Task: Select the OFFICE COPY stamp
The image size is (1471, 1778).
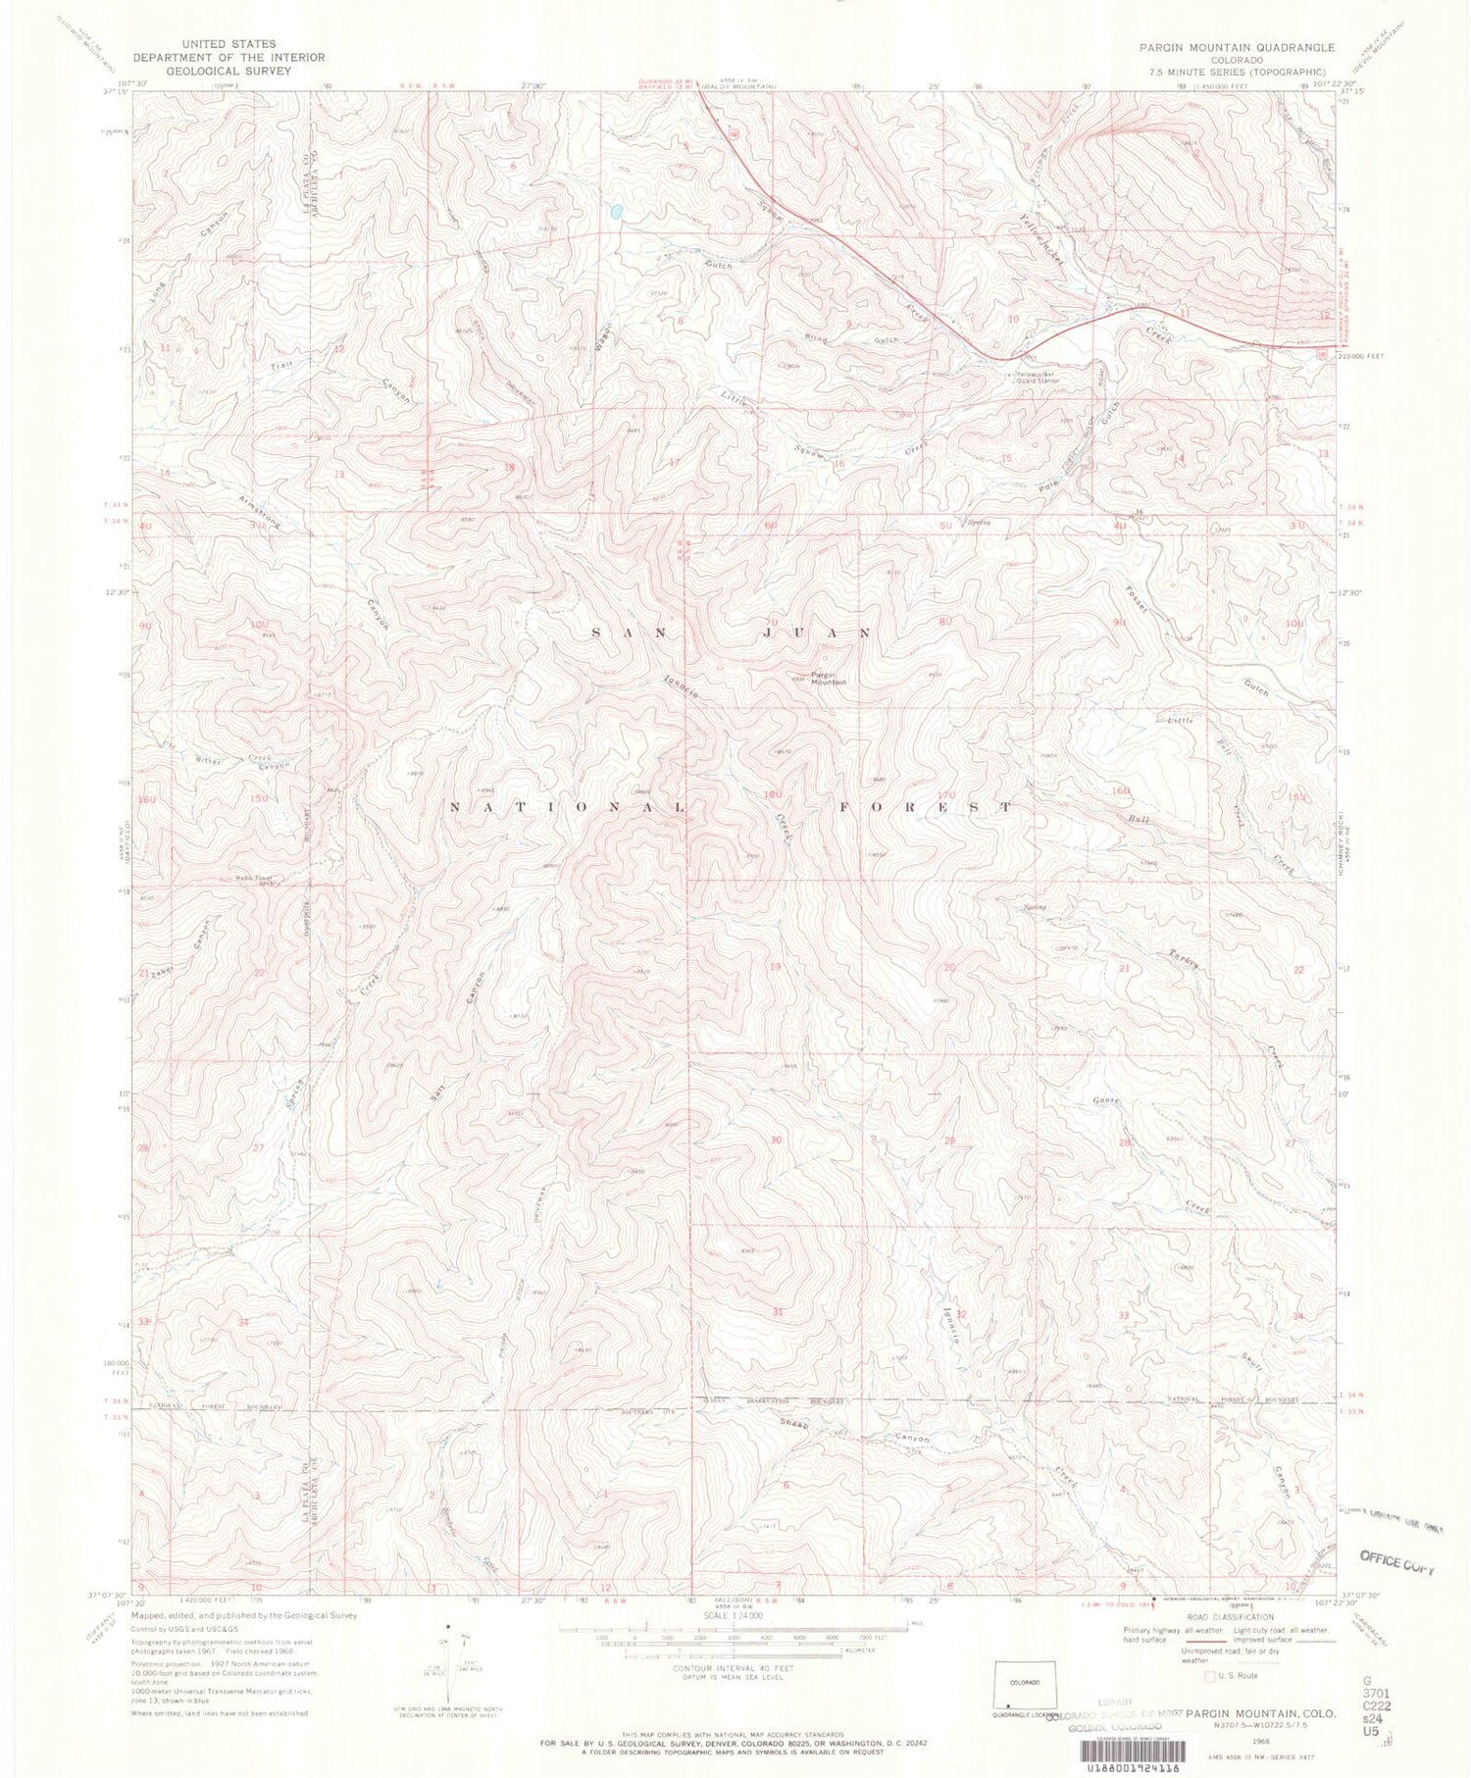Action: pos(1396,1560)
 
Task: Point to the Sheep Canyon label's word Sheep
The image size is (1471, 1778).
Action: pos(793,1423)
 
